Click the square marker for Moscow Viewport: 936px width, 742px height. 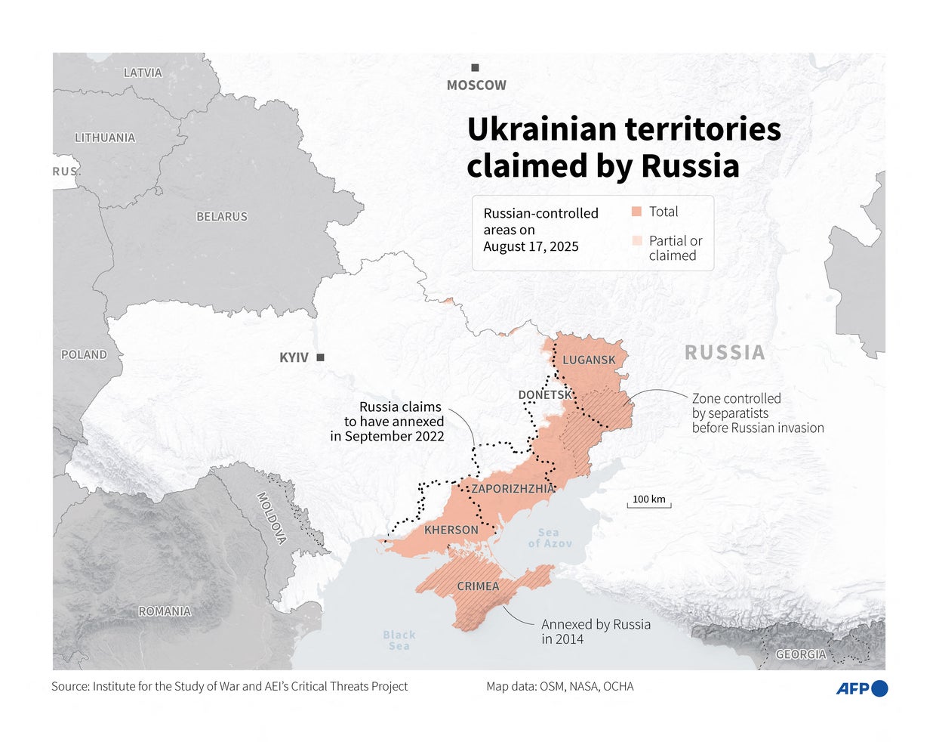(x=475, y=68)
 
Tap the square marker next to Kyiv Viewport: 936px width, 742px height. (x=321, y=357)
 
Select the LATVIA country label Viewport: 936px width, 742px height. (x=143, y=73)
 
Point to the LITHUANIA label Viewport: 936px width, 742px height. (x=105, y=138)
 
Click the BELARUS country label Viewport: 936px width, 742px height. (x=222, y=217)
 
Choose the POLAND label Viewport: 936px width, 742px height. (x=84, y=354)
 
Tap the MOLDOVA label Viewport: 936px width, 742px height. (x=272, y=518)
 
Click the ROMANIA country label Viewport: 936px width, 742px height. (x=165, y=611)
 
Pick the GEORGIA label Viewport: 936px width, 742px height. (x=801, y=654)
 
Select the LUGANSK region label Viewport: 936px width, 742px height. (x=589, y=360)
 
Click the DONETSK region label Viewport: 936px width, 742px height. (x=545, y=395)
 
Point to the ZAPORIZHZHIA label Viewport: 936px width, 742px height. (x=513, y=489)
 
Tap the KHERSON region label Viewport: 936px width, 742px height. (x=451, y=530)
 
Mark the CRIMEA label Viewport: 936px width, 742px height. (x=478, y=586)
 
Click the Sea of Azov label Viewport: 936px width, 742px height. (x=550, y=538)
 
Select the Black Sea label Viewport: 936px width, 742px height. (x=399, y=640)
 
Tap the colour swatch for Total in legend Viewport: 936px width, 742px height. (x=636, y=212)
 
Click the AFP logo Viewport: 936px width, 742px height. (x=861, y=688)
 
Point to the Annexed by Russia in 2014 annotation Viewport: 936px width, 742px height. (x=596, y=632)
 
